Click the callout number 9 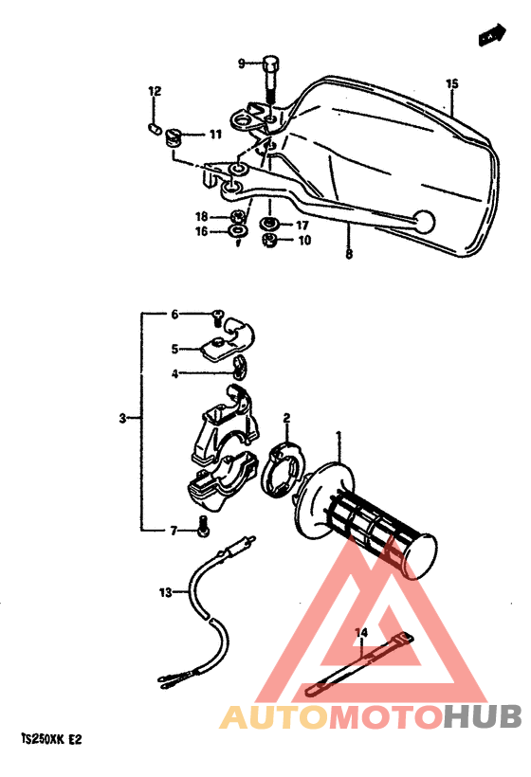point(241,63)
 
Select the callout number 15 point(451,84)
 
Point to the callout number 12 point(155,92)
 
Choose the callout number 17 point(302,226)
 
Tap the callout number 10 point(304,241)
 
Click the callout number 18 point(201,217)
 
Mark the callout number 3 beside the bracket point(122,418)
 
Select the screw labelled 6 point(217,316)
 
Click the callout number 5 point(174,349)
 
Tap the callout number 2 point(286,417)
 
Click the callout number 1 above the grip point(339,437)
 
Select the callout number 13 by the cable point(166,593)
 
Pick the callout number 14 point(360,631)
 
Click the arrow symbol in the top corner point(489,37)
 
